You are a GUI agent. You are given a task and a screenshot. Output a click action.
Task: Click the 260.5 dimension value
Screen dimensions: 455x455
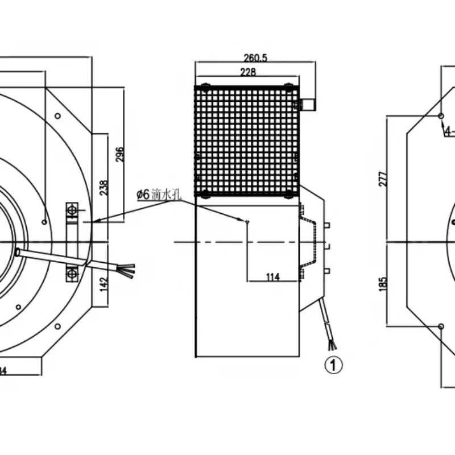pyautogui.click(x=255, y=57)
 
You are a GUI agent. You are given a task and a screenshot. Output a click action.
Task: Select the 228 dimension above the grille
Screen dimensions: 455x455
pyautogui.click(x=248, y=72)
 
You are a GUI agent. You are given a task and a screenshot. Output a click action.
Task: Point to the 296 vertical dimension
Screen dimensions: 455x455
pyautogui.click(x=119, y=154)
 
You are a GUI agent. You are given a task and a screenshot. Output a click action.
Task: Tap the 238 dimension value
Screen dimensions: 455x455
pyautogui.click(x=104, y=188)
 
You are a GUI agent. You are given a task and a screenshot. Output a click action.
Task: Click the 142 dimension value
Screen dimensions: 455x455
pyautogui.click(x=104, y=283)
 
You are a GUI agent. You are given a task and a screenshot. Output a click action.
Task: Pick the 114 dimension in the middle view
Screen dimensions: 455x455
pyautogui.click(x=273, y=277)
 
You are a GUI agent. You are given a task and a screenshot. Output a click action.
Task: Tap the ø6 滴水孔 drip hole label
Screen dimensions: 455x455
pyautogui.click(x=158, y=195)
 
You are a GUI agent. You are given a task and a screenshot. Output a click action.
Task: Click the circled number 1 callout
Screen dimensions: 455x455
pyautogui.click(x=334, y=365)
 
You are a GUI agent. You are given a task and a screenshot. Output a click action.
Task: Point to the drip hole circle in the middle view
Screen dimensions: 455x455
pyautogui.click(x=247, y=221)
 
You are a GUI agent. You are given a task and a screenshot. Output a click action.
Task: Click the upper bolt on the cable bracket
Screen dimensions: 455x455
pyautogui.click(x=72, y=212)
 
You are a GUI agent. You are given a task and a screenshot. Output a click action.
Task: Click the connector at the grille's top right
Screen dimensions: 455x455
pyautogui.click(x=308, y=105)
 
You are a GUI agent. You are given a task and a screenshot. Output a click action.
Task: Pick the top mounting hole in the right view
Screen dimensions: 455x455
pyautogui.click(x=441, y=115)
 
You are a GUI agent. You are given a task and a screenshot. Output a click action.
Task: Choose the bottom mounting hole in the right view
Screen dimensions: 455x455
pyautogui.click(x=441, y=326)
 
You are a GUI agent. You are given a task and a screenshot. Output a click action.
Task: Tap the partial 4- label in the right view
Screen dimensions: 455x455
pyautogui.click(x=449, y=131)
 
